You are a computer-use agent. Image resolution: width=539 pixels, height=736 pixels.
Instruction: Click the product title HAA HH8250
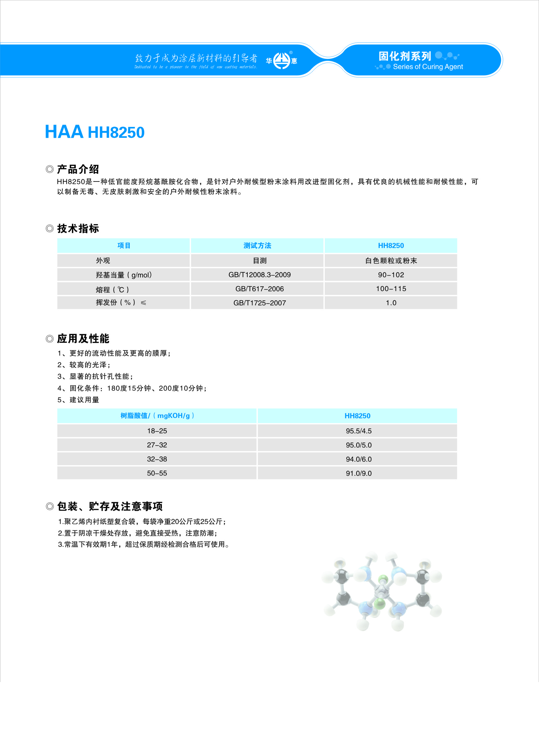point(95,132)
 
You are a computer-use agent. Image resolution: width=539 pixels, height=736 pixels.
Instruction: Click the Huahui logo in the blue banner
point(281,61)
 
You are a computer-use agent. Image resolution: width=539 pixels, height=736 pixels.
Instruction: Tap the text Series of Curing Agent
point(428,67)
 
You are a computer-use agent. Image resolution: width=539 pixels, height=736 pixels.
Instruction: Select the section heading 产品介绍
point(78,169)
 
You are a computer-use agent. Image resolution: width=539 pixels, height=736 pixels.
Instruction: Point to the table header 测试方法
point(257,246)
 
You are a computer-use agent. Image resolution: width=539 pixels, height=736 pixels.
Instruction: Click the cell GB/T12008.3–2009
point(260,275)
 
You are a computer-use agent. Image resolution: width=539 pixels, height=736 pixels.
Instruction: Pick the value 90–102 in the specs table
point(391,275)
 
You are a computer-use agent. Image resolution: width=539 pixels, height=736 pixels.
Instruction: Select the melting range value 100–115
point(391,289)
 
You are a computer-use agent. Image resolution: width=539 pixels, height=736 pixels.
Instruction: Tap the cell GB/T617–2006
point(260,289)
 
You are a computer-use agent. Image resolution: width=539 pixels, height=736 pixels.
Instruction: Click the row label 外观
point(103,260)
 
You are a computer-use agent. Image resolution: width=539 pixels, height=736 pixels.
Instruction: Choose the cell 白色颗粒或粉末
point(391,260)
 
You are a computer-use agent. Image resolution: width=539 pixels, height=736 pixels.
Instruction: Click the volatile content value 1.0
point(391,303)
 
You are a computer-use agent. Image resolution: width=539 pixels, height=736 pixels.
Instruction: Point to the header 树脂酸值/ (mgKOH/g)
point(157,416)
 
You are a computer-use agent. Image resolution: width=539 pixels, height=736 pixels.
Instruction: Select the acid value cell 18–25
point(157,431)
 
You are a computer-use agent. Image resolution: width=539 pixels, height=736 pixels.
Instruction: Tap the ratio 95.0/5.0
point(358,445)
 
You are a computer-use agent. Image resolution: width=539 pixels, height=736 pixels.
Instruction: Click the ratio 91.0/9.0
point(358,473)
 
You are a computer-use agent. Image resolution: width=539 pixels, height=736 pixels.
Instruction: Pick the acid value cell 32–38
point(157,459)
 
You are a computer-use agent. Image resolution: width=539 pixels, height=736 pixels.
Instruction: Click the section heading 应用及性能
point(83,339)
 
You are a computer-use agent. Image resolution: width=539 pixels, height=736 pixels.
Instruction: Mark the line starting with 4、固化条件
point(132,388)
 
